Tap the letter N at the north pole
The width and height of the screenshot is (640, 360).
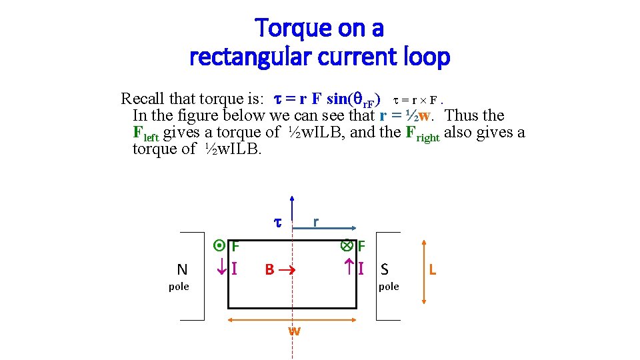coord(182,269)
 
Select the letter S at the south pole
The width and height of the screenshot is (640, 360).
coord(385,269)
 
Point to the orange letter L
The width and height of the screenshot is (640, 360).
coord(433,269)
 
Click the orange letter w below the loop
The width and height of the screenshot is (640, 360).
coord(293,331)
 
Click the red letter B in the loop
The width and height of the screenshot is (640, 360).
coord(269,270)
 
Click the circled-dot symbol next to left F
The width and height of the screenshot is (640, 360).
coord(221,246)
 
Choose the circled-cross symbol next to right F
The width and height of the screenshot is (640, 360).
coord(347,245)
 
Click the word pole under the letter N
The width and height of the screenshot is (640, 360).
coord(179,287)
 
